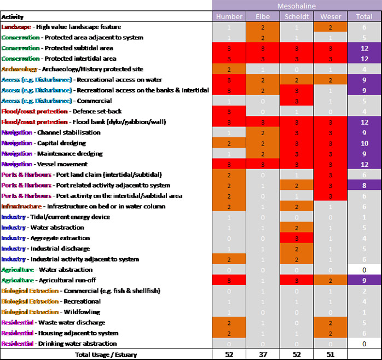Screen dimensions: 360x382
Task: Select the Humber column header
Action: pyautogui.click(x=229, y=16)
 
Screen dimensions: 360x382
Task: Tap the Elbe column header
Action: pyautogui.click(x=263, y=16)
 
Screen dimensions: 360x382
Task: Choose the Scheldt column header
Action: pyautogui.click(x=296, y=16)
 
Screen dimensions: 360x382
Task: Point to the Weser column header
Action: pyautogui.click(x=330, y=16)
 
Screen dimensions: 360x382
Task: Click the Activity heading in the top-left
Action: pyautogui.click(x=13, y=16)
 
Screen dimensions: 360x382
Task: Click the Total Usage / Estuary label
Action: pyautogui.click(x=106, y=355)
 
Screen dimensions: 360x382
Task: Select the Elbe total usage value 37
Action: pyautogui.click(x=263, y=355)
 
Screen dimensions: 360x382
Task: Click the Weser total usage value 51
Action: pyautogui.click(x=330, y=355)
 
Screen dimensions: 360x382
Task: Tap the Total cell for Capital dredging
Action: pyautogui.click(x=364, y=143)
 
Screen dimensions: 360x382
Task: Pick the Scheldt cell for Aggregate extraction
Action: pyautogui.click(x=296, y=238)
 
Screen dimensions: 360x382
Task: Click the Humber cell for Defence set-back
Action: pyautogui.click(x=229, y=111)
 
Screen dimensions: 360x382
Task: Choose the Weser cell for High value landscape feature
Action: pyautogui.click(x=330, y=27)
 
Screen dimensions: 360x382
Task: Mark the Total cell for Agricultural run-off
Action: pyautogui.click(x=364, y=280)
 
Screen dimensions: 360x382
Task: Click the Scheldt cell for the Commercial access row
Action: pyautogui.click(x=296, y=101)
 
